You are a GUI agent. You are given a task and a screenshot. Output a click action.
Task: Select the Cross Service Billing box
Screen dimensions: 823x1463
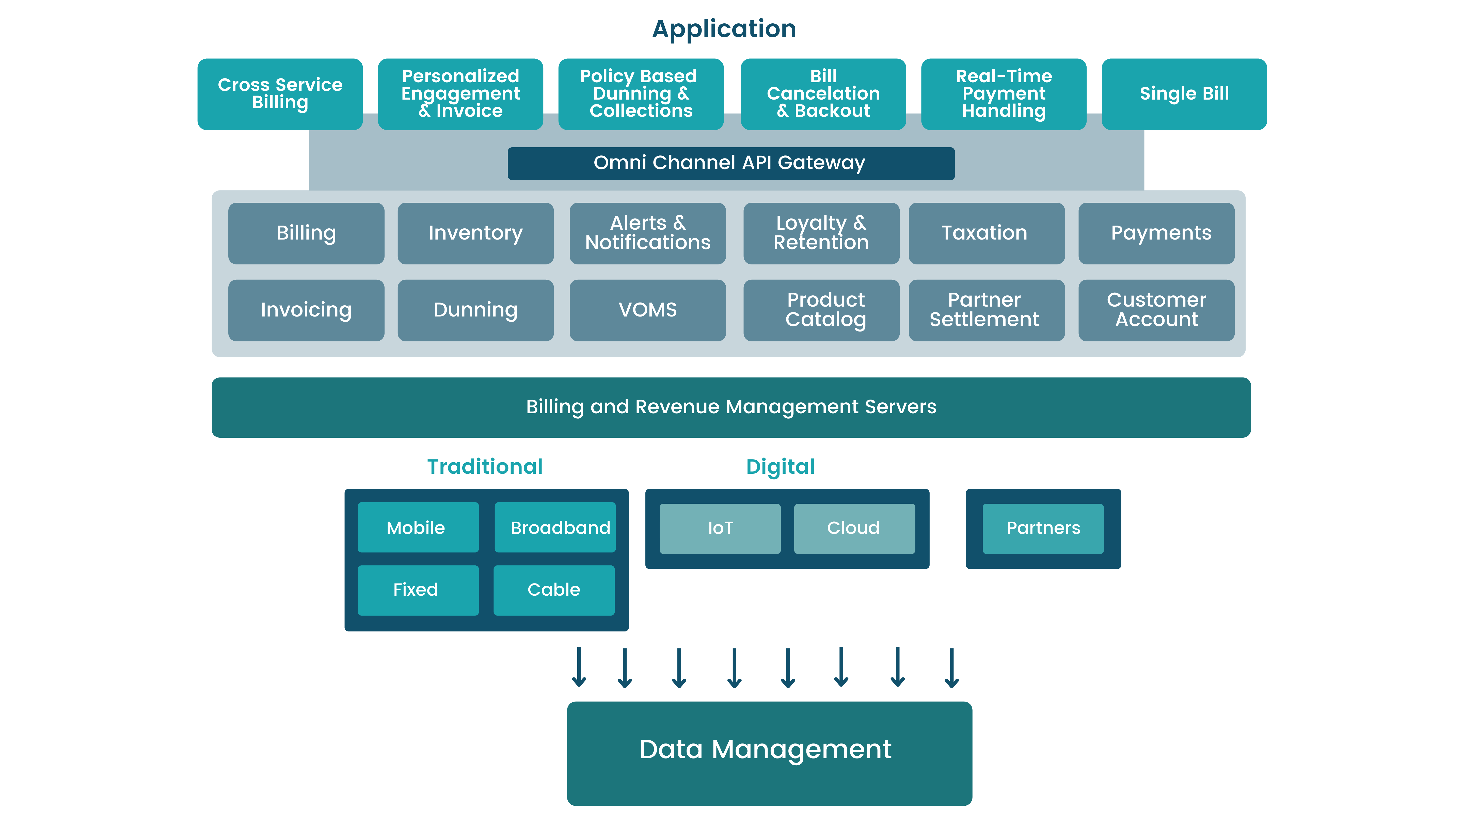(280, 94)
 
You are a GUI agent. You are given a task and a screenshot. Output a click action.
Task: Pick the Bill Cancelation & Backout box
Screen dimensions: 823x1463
(823, 94)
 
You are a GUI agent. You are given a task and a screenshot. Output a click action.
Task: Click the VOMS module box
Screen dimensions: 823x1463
(647, 310)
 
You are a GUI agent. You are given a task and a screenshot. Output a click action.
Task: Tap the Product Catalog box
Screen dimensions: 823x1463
(821, 310)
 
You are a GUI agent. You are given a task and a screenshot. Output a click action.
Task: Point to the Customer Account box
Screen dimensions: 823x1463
(1156, 310)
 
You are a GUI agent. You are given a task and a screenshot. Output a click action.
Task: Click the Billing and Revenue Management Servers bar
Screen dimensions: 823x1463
(731, 407)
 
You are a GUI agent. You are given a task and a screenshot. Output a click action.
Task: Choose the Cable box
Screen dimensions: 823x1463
(554, 590)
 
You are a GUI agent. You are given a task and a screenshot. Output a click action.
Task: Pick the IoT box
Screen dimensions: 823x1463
(720, 528)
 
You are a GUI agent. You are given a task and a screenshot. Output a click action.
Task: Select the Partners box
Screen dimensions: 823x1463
(1043, 528)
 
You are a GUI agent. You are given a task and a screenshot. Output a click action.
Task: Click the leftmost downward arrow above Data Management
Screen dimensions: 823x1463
(579, 667)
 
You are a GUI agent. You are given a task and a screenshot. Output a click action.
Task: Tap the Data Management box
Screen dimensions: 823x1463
(769, 753)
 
